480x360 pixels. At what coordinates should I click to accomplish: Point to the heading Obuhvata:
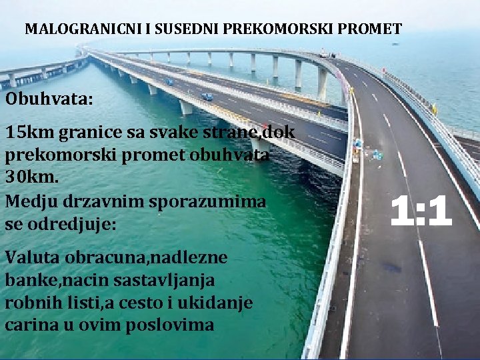[x=49, y=99]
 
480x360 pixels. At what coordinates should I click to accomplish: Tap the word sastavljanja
[x=178, y=280]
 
